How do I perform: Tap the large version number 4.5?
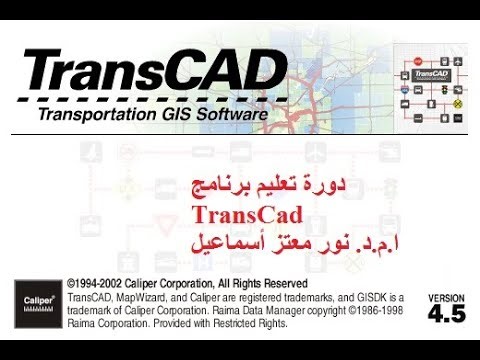pos(447,314)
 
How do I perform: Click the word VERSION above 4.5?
pos(447,298)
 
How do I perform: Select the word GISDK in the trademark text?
pos(370,297)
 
